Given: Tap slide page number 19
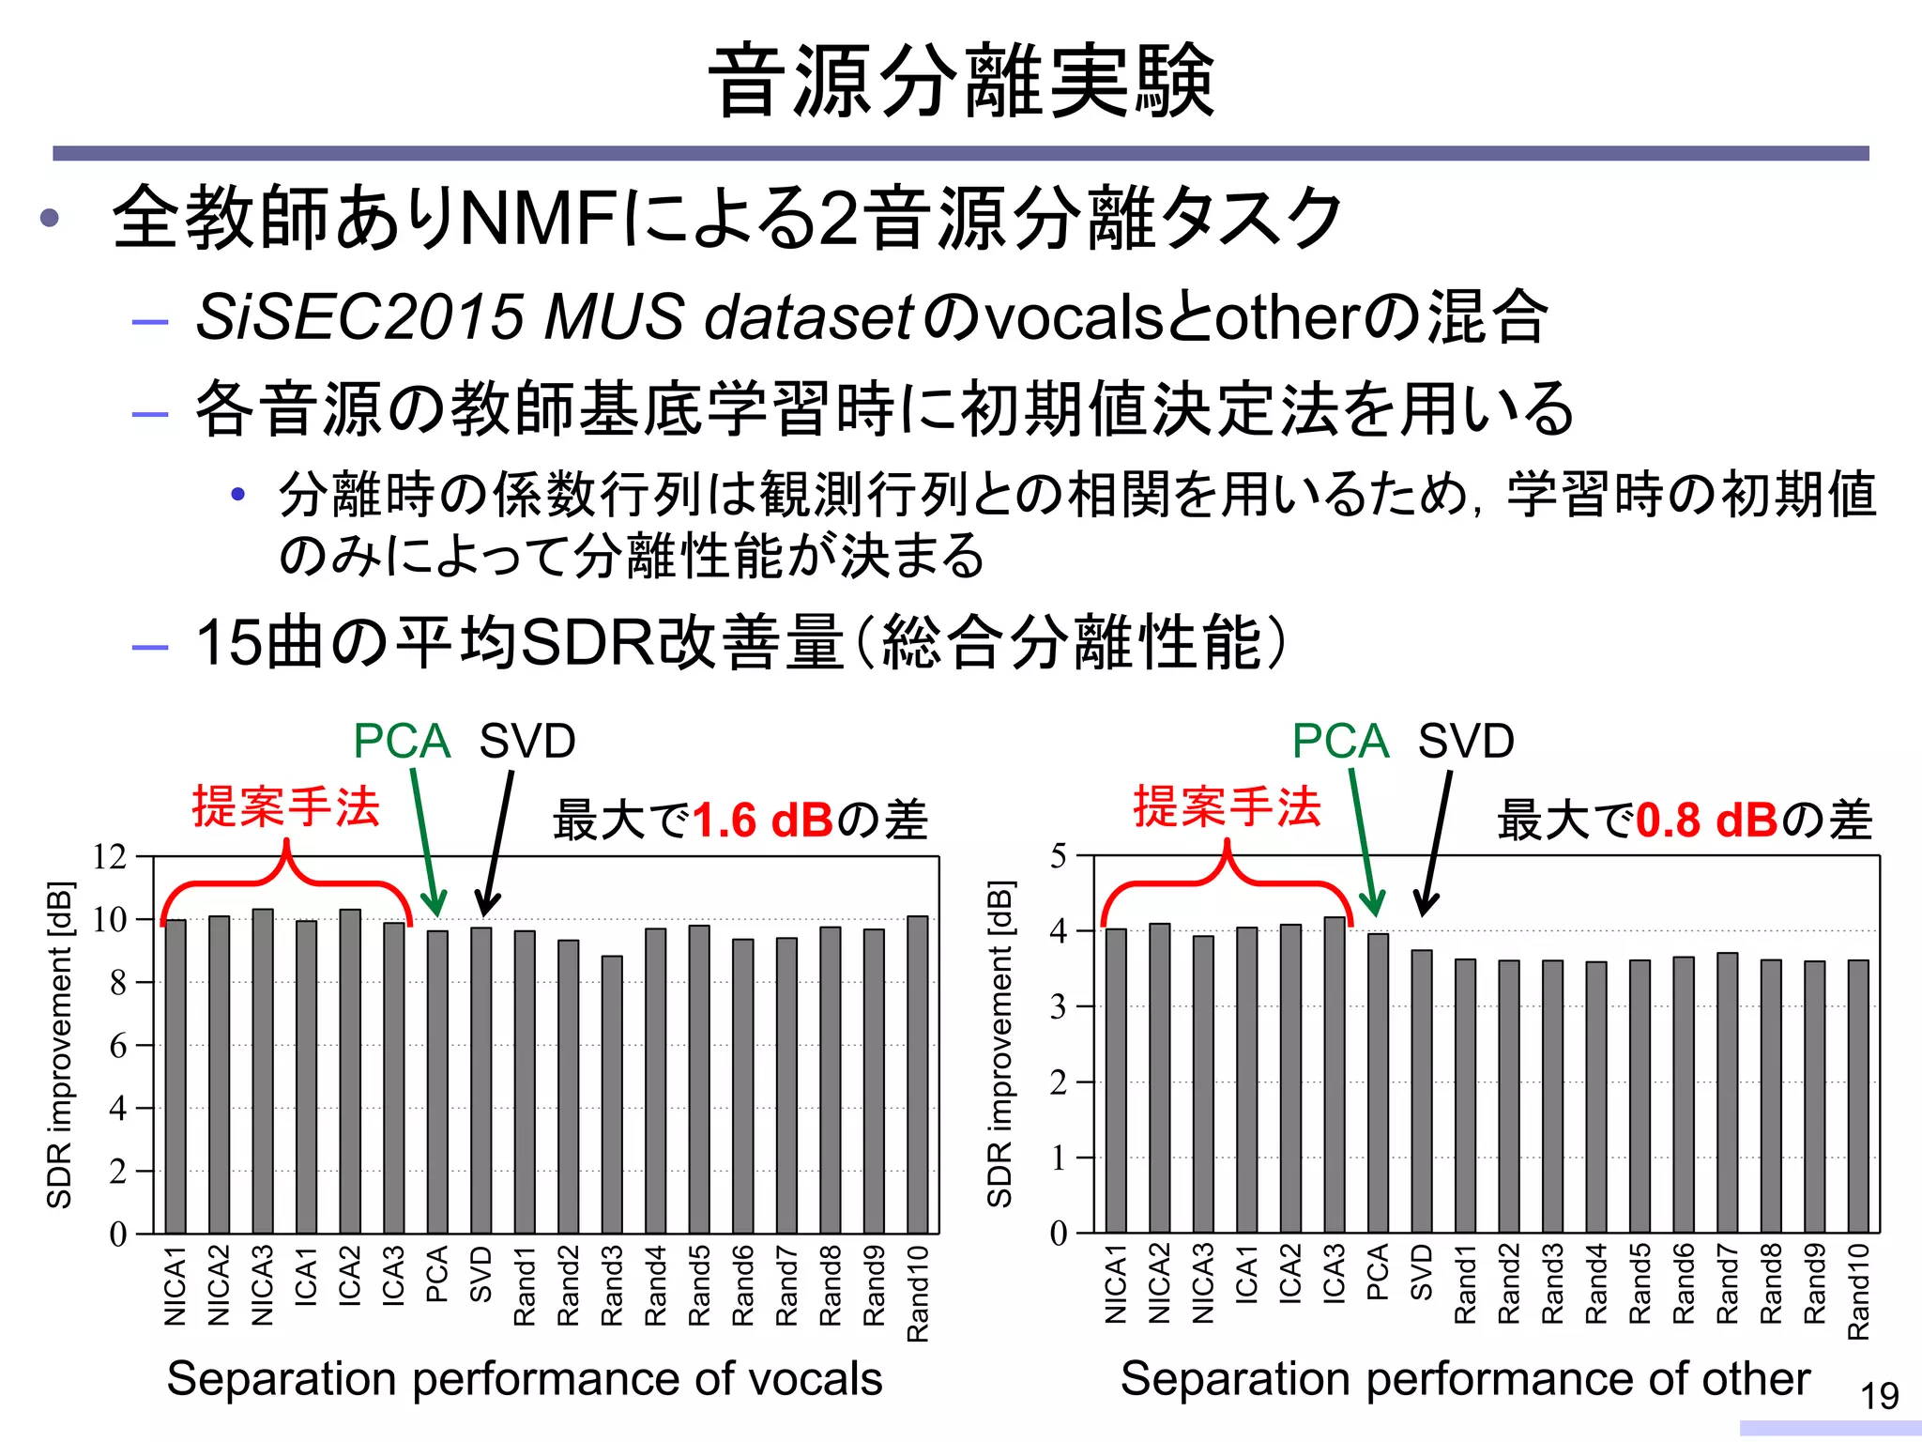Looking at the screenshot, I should [1880, 1396].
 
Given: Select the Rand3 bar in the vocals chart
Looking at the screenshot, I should [612, 1094].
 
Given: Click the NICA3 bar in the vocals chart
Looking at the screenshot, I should [263, 1070].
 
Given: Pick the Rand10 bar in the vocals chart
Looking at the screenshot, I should [918, 1074].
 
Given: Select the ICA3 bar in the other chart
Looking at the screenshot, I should [1335, 1074].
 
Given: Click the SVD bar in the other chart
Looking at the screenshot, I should [1422, 1091].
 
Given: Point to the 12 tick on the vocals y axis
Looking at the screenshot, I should [110, 856].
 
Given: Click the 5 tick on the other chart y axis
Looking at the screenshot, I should [1059, 855].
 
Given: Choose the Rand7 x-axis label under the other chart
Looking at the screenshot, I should [1727, 1283].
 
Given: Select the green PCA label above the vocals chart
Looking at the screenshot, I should [402, 742].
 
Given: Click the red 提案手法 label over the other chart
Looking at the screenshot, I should [1227, 806].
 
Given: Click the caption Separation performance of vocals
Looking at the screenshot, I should [525, 1378].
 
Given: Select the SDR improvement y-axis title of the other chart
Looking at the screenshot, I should [1000, 1044].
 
